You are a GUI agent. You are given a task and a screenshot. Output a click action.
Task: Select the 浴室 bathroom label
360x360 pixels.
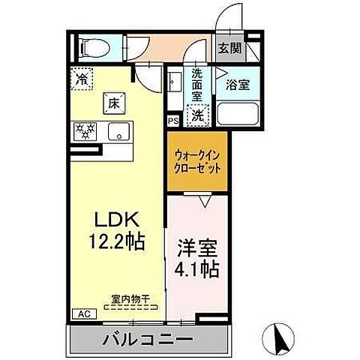click(238, 84)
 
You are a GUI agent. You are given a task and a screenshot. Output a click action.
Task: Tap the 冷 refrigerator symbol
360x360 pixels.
click(81, 76)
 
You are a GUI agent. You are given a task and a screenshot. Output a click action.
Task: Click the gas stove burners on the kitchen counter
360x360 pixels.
click(84, 132)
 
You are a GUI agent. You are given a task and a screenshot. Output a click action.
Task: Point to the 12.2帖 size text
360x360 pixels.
click(118, 242)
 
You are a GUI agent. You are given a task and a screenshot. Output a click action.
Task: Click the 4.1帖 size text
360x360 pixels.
click(197, 269)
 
